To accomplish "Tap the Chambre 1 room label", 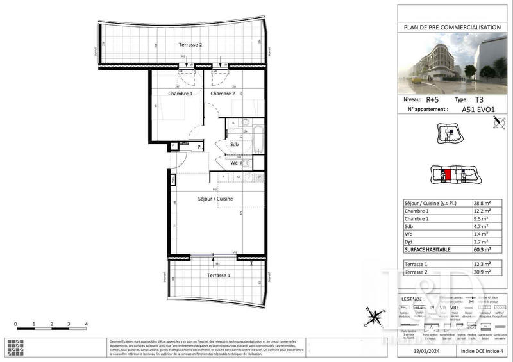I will (181, 94).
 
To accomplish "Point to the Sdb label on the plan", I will (235, 145).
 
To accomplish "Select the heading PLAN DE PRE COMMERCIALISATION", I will (451, 27).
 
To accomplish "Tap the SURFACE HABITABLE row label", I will (428, 249).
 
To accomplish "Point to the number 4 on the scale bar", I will (85, 325).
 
